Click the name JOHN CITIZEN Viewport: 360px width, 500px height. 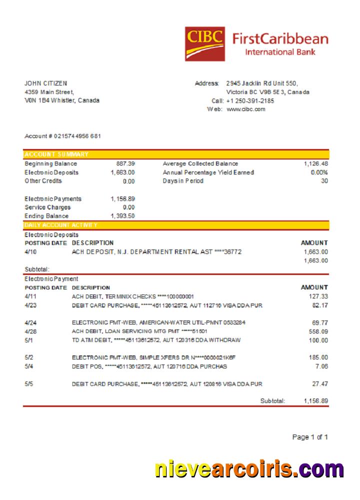tap(46, 83)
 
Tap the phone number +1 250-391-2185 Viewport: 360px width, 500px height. tap(250, 100)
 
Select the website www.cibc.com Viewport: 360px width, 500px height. tap(246, 109)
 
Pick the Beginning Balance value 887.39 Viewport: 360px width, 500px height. tap(125, 163)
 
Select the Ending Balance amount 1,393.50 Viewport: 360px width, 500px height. tap(122, 216)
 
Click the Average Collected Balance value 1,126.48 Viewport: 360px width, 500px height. tap(315, 163)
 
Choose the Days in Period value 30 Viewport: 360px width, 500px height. tap(324, 180)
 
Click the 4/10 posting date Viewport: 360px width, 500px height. tap(30, 252)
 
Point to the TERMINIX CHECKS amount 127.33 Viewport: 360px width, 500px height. tap(318, 296)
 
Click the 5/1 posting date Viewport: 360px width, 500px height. tap(29, 340)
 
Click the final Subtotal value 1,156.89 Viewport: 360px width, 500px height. tap(315, 401)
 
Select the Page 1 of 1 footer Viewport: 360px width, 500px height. tap(310, 437)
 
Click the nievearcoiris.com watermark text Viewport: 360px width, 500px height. tap(249, 469)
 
